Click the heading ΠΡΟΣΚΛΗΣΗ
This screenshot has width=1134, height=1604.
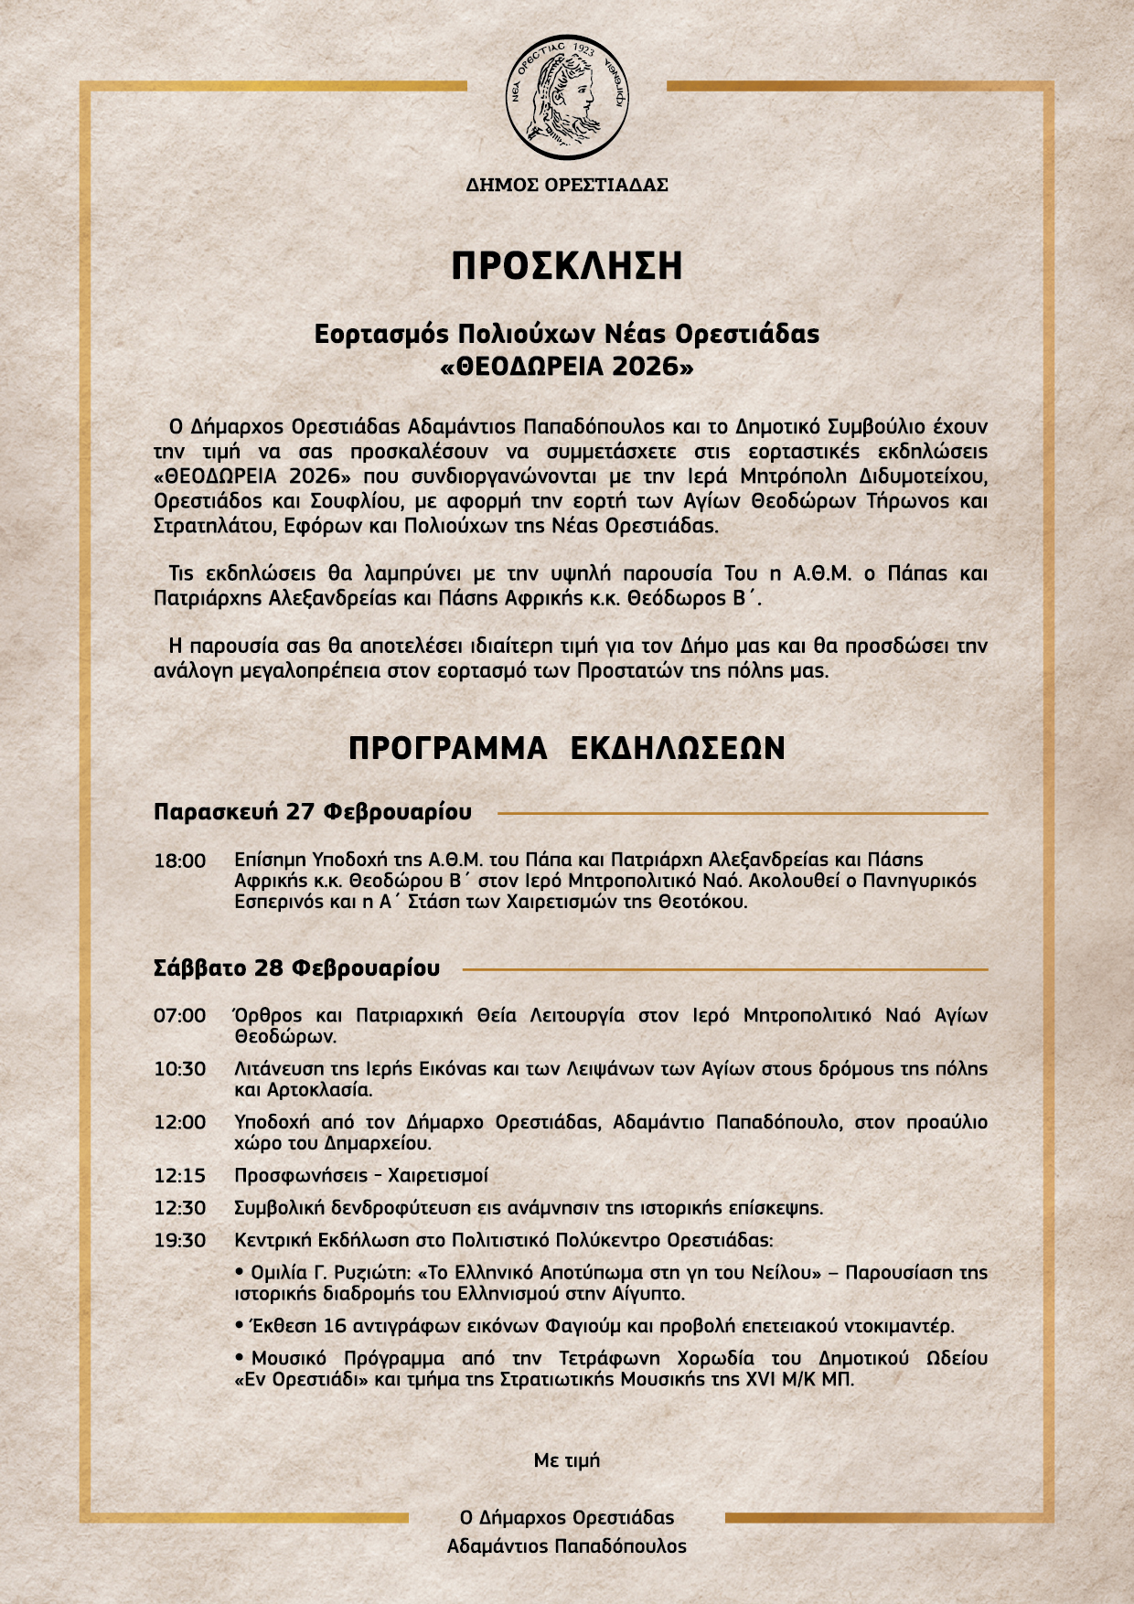pyautogui.click(x=567, y=265)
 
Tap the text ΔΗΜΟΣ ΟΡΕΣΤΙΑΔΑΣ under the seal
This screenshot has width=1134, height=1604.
pyautogui.click(x=567, y=185)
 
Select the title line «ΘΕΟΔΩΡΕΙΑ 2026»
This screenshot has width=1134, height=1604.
pyautogui.click(x=567, y=367)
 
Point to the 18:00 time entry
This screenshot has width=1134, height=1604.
pyautogui.click(x=179, y=861)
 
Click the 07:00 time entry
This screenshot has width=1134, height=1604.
pyautogui.click(x=179, y=1016)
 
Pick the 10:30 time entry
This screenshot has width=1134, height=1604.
pyautogui.click(x=179, y=1069)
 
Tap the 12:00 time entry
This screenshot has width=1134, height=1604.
pyautogui.click(x=179, y=1122)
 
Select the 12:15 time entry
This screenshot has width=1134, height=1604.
pyautogui.click(x=179, y=1176)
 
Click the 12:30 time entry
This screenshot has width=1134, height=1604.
pyautogui.click(x=179, y=1208)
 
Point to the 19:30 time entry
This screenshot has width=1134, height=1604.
pyautogui.click(x=179, y=1241)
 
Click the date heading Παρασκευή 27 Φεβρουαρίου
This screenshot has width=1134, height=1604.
pyautogui.click(x=313, y=812)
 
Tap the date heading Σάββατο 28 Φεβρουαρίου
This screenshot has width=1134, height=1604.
pyautogui.click(x=296, y=968)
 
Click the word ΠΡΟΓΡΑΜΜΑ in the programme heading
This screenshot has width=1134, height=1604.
pyautogui.click(x=447, y=748)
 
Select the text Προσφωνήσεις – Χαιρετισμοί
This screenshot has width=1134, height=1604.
pyautogui.click(x=361, y=1176)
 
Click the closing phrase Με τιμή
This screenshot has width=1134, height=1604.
pyautogui.click(x=567, y=1460)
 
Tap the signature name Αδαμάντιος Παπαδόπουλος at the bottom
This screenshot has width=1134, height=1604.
pyautogui.click(x=567, y=1546)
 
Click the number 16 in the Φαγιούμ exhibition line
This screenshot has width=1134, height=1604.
pyautogui.click(x=335, y=1326)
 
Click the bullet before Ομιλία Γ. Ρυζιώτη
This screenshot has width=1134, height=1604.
pyautogui.click(x=241, y=1272)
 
